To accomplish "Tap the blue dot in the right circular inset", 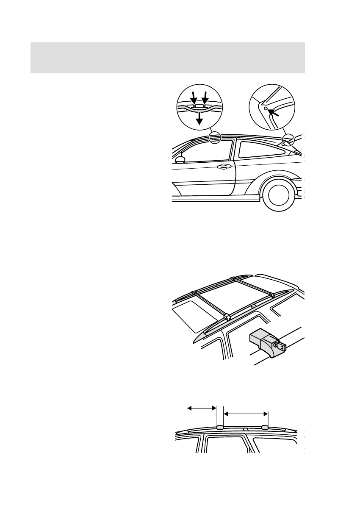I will click(x=266, y=108).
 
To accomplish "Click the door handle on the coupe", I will click(x=222, y=167).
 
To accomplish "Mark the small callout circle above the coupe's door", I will click(x=215, y=137).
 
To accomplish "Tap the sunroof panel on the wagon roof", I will click(x=192, y=315).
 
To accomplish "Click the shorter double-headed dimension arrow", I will click(x=202, y=408).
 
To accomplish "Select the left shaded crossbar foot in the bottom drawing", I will click(x=220, y=427).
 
